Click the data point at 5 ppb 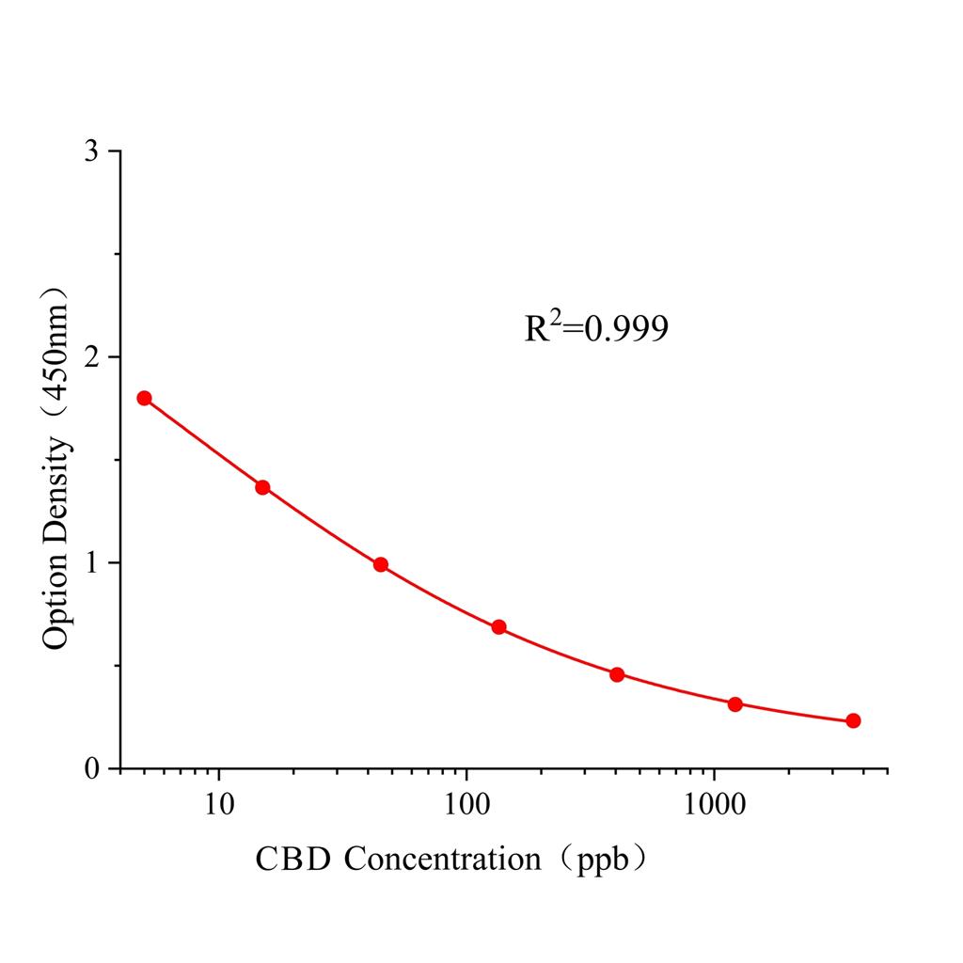[x=144, y=398]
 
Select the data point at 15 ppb [x=262, y=487]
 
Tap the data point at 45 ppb [x=381, y=564]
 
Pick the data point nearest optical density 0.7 [x=498, y=627]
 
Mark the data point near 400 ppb [x=617, y=674]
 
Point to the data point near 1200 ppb [x=735, y=704]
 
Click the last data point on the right [x=853, y=720]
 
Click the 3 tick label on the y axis [x=91, y=151]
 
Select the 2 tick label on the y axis [x=91, y=357]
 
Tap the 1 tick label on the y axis [x=91, y=563]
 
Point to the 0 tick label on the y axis [x=91, y=769]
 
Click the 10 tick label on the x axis [x=219, y=802]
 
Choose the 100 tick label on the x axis [x=466, y=802]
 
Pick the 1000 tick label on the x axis [x=715, y=802]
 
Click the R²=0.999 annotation [x=596, y=327]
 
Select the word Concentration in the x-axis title [x=442, y=859]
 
